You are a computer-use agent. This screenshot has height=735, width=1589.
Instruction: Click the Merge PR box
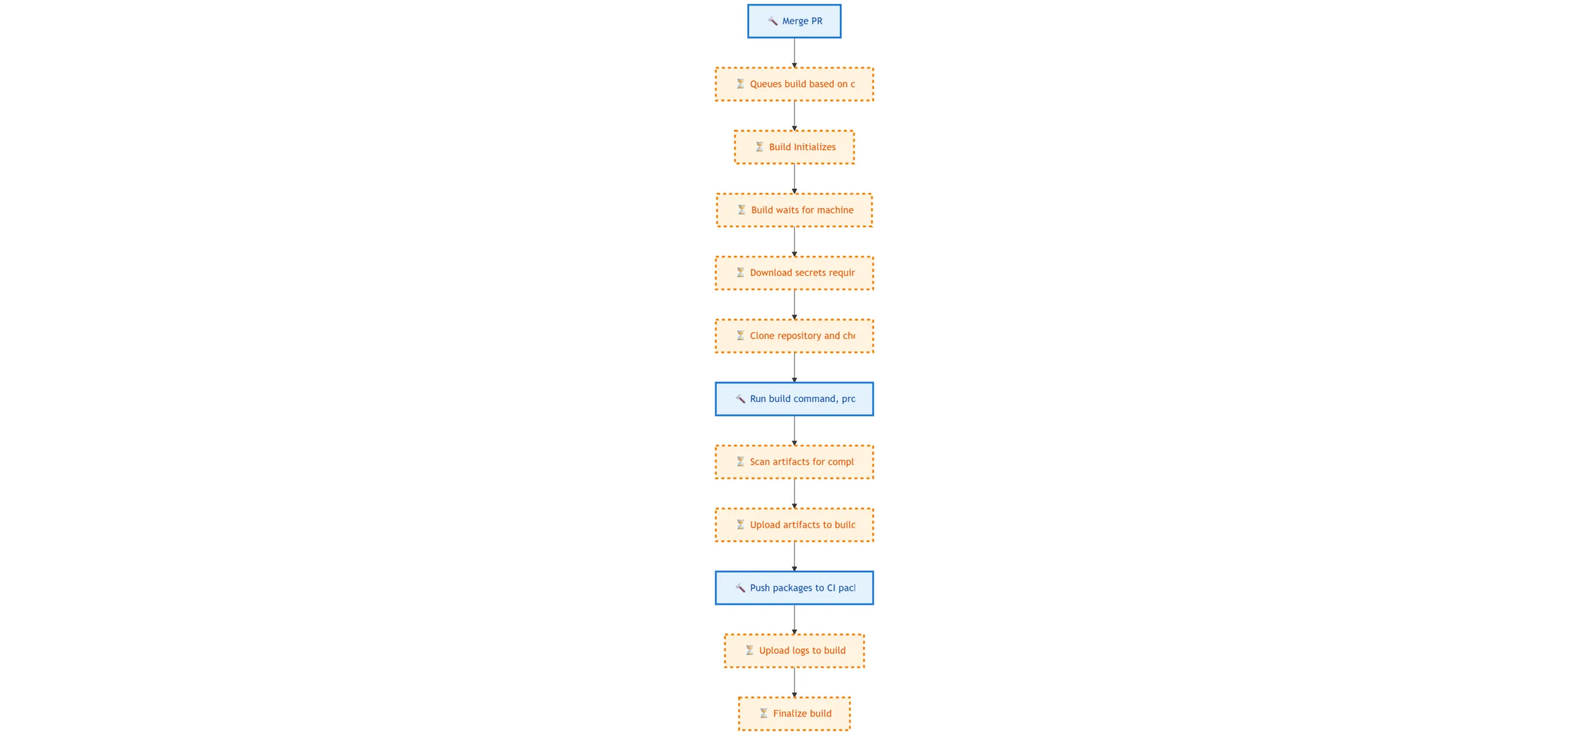(x=794, y=21)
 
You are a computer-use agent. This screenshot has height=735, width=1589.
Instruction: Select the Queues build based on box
(x=794, y=84)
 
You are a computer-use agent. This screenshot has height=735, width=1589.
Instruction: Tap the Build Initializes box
(x=794, y=147)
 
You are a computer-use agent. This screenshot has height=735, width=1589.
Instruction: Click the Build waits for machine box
(x=794, y=210)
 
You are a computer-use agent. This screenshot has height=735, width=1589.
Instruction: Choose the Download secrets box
(x=794, y=273)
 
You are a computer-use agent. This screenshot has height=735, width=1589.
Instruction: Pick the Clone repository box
(x=794, y=336)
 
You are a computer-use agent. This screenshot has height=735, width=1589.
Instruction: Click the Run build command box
(x=794, y=399)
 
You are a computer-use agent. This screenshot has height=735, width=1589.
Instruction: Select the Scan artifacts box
(x=794, y=462)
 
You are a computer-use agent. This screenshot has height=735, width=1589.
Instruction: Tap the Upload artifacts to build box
(x=794, y=525)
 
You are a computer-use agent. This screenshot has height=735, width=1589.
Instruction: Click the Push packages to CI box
(x=794, y=587)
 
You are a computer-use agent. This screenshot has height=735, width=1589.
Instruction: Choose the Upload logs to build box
(x=794, y=650)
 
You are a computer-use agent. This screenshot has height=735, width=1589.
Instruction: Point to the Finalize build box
(x=794, y=713)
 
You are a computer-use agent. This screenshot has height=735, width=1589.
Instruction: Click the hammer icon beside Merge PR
(x=773, y=21)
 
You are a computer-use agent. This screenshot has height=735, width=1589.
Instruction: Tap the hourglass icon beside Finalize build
(x=763, y=713)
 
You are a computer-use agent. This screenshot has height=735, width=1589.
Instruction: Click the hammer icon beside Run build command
(x=740, y=399)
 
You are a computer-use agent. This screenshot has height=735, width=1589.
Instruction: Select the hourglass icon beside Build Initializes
(x=760, y=147)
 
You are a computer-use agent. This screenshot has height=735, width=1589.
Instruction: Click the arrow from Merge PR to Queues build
(x=794, y=52)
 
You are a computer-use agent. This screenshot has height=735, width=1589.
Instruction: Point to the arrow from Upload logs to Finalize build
(x=794, y=682)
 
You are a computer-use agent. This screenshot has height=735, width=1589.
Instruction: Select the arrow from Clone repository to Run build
(x=794, y=367)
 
